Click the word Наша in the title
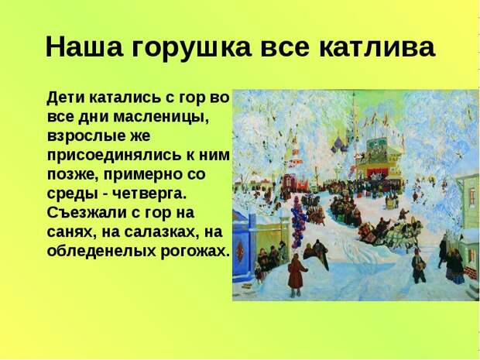(x=84, y=46)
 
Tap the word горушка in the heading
(x=192, y=49)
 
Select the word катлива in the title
(x=377, y=48)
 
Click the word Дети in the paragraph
(x=66, y=98)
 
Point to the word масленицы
(x=161, y=118)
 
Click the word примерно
(x=145, y=175)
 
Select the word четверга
(x=149, y=194)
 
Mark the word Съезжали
(x=87, y=213)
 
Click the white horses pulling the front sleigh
(x=400, y=232)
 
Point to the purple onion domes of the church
(x=340, y=143)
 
